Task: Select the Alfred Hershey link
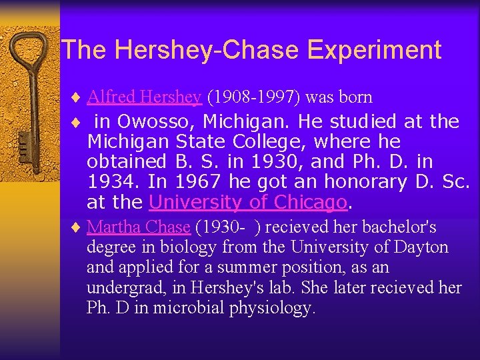pos(144,97)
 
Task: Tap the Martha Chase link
pos(139,227)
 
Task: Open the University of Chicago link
pos(248,201)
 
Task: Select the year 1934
pos(109,182)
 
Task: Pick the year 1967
pos(200,182)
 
